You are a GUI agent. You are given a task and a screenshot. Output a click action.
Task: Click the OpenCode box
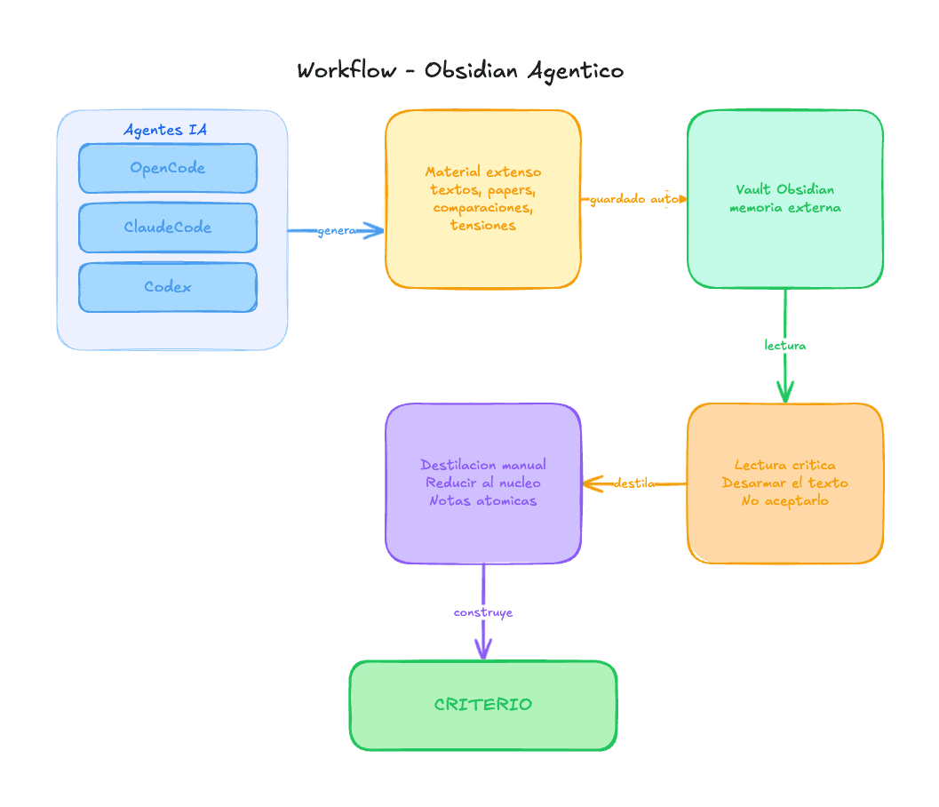167,168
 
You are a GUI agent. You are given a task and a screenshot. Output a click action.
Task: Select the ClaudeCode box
167,228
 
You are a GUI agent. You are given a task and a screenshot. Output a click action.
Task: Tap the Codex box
167,287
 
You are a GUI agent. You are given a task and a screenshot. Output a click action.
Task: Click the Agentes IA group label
165,130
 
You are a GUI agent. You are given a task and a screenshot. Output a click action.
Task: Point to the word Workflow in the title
346,70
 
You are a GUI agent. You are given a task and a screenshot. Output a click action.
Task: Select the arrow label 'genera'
337,231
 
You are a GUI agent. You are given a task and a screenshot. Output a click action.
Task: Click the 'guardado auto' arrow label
634,199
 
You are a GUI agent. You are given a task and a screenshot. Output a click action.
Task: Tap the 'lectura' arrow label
785,345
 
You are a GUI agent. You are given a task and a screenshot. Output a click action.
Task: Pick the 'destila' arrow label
634,483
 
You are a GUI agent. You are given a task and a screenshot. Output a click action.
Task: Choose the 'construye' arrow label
483,612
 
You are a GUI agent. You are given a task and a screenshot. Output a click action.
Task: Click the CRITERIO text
483,705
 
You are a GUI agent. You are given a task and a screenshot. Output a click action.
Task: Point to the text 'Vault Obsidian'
785,189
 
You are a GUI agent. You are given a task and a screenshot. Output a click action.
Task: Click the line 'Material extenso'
483,172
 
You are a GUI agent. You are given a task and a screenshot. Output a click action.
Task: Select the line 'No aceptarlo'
785,501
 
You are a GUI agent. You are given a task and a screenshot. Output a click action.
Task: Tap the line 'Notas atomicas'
483,501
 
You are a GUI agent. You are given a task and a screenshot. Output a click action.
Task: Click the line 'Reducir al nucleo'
483,483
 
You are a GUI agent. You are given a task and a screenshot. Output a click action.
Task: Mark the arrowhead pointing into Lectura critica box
785,395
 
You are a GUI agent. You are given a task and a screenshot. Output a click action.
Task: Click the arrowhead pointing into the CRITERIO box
483,652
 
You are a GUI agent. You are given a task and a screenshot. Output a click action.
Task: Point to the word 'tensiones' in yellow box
483,226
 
